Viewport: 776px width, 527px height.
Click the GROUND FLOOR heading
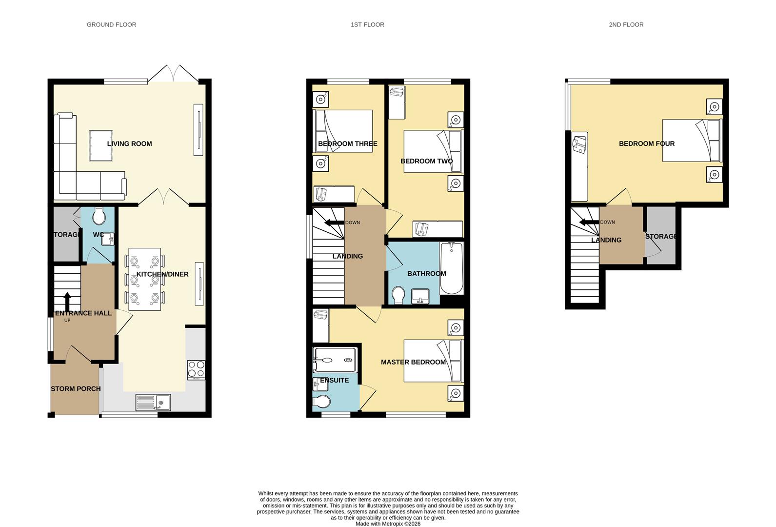coord(111,24)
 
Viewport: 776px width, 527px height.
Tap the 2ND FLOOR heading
coord(626,24)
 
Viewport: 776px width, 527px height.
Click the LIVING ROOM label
coord(129,143)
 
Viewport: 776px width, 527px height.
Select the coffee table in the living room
coord(101,145)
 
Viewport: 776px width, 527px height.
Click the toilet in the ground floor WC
coord(99,216)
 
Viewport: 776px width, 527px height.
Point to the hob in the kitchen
coord(196,369)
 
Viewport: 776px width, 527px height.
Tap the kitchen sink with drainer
coord(153,402)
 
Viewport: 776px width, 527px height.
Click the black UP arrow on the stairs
coord(67,302)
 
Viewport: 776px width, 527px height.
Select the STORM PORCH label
coord(76,389)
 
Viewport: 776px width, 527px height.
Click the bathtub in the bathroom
coord(452,268)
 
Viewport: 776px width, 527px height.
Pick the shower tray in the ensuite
coord(335,360)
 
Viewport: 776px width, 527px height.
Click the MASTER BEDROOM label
coord(413,362)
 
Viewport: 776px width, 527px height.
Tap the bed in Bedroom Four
coord(692,141)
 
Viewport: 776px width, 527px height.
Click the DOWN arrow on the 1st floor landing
coord(335,223)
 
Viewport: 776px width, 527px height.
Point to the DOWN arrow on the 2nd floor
coord(589,223)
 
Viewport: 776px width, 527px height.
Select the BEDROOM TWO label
coord(426,161)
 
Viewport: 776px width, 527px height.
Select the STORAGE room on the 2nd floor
coord(661,236)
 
